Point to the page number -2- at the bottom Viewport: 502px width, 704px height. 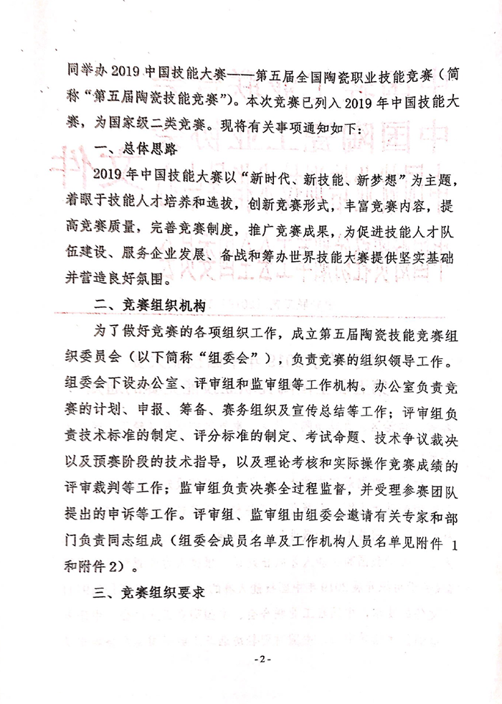point(251,657)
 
